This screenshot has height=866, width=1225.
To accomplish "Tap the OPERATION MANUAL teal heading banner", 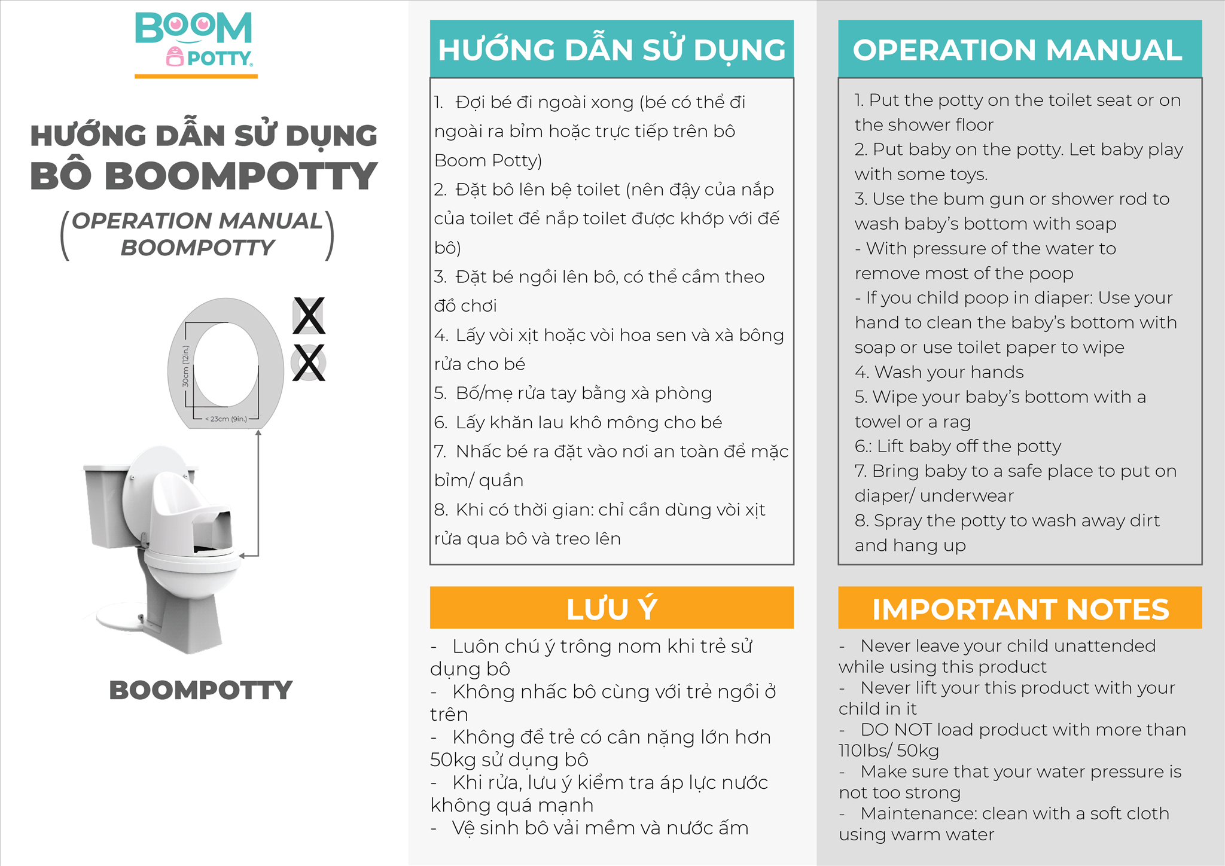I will (x=1019, y=49).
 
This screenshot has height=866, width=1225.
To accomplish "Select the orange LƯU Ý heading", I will (x=611, y=608).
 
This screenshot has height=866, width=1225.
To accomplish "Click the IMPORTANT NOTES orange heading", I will (x=1019, y=608).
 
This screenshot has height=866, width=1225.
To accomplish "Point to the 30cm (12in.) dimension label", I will (x=185, y=366).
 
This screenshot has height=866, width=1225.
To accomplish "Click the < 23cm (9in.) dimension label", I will (x=226, y=419).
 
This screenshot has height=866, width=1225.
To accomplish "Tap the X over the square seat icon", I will (x=309, y=316).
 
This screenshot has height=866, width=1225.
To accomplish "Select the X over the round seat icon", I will (x=309, y=362).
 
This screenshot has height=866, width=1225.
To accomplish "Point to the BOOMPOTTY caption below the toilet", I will (x=200, y=690).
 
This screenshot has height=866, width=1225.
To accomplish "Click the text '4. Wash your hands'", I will (x=939, y=372).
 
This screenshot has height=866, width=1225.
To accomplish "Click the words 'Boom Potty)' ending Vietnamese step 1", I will (x=488, y=160).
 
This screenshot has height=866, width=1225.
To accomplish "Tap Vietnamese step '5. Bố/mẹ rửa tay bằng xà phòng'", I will (x=573, y=393).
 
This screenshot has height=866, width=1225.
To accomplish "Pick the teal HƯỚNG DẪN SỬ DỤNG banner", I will (x=611, y=49).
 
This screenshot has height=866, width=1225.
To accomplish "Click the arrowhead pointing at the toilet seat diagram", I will (x=258, y=433).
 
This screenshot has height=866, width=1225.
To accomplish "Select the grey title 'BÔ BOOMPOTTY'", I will (x=203, y=176).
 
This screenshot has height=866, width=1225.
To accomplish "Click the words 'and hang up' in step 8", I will (x=910, y=545).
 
